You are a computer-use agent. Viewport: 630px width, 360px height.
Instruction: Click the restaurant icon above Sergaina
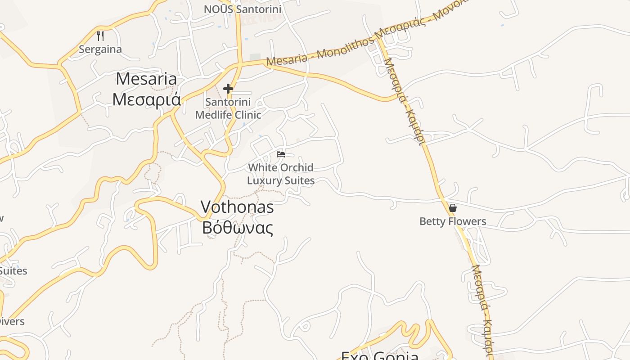(101, 36)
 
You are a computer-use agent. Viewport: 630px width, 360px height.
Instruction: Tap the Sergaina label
(100, 49)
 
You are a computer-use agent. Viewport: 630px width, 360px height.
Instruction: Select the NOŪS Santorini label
(243, 9)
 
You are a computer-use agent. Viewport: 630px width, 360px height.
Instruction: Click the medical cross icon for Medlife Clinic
(228, 89)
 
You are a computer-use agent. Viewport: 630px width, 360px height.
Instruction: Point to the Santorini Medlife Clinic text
(228, 108)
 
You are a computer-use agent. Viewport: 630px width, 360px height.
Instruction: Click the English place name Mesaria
(146, 79)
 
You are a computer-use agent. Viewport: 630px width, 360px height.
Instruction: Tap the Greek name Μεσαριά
(146, 99)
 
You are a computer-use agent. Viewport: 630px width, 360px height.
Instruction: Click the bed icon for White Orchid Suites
(281, 154)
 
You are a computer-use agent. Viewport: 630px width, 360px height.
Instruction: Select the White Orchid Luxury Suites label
(281, 174)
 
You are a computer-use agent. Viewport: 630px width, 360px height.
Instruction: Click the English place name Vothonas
(237, 207)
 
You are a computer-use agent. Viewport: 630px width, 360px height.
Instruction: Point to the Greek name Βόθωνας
(237, 228)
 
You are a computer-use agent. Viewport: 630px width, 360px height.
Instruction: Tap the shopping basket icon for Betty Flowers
(453, 208)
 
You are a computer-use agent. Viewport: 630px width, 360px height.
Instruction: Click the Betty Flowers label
(453, 221)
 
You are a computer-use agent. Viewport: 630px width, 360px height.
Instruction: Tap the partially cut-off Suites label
(13, 271)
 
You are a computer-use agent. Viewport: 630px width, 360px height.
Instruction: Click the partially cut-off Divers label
(12, 321)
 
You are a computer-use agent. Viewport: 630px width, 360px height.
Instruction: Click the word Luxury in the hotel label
(266, 181)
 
